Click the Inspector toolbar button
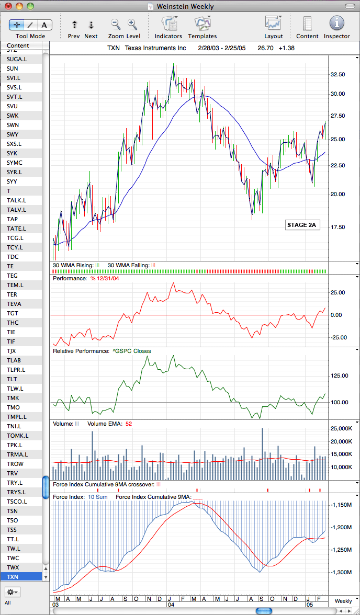tap(337, 23)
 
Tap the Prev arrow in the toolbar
tap(74, 25)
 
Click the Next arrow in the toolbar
tap(91, 25)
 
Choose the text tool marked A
tap(44, 25)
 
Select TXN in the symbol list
tap(12, 576)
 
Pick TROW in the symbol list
tap(15, 463)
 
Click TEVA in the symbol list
tap(14, 303)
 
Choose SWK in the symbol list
tap(12, 115)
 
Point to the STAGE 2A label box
tap(301, 225)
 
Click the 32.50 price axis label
tap(337, 74)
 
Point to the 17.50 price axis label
tap(337, 227)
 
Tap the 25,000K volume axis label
tap(341, 429)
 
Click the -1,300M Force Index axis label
tap(340, 573)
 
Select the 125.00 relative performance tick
tap(339, 375)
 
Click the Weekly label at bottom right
tap(343, 601)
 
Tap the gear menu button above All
tap(13, 591)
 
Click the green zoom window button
tap(30, 6)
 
